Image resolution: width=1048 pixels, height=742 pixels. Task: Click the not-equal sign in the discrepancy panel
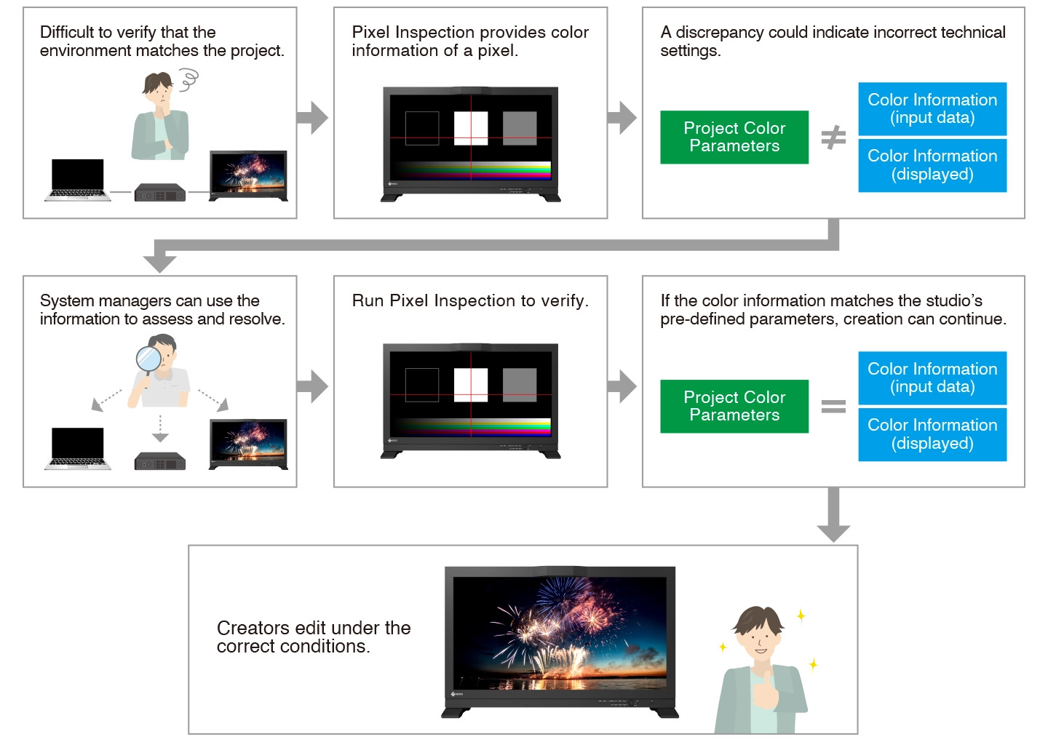tap(833, 137)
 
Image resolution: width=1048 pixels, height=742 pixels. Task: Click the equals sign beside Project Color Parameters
tap(833, 407)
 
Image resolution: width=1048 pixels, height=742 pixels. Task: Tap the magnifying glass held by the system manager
tap(149, 359)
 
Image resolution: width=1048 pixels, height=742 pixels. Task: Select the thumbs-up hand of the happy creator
tap(765, 689)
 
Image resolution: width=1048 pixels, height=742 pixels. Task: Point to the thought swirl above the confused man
tap(188, 80)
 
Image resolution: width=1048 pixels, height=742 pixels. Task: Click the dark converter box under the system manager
tap(160, 461)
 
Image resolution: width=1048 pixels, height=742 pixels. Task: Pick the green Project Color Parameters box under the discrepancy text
tap(734, 137)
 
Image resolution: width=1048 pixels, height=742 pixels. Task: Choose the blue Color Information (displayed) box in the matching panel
tap(932, 435)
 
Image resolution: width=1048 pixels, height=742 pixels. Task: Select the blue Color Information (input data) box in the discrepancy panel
tap(932, 109)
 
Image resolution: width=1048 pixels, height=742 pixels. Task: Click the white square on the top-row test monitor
tap(471, 129)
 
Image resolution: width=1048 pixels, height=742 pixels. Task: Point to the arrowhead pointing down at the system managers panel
tap(160, 262)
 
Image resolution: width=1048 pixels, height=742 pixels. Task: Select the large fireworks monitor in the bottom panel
tap(560, 640)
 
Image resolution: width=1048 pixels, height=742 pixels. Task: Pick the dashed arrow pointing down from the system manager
tap(160, 429)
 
